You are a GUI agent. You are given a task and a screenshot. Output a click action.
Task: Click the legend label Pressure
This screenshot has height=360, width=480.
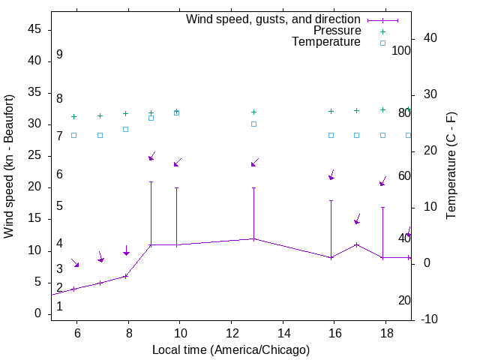click(x=337, y=31)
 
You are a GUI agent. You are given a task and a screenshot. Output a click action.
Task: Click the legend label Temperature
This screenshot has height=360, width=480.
click(x=326, y=42)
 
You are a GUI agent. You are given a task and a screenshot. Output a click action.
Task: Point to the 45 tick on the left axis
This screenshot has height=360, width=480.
click(x=34, y=29)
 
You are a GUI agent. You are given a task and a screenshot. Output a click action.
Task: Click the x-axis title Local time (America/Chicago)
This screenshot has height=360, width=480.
click(x=231, y=349)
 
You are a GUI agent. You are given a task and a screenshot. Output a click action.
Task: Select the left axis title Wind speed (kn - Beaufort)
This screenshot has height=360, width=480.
click(x=9, y=166)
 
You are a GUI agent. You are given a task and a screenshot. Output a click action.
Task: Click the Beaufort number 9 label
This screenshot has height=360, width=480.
click(x=59, y=55)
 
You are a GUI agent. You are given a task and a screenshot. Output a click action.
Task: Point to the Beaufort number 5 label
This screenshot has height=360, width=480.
click(x=59, y=206)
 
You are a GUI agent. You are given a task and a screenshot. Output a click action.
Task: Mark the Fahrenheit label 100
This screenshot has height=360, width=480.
click(x=402, y=50)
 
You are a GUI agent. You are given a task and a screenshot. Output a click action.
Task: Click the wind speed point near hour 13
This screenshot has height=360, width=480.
click(x=253, y=238)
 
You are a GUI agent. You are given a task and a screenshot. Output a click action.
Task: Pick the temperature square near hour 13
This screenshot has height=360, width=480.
click(x=253, y=124)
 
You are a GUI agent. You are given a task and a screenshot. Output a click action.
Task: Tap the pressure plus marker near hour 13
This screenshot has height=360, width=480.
click(x=253, y=112)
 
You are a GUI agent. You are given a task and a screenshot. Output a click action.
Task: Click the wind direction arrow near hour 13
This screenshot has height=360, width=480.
click(x=254, y=163)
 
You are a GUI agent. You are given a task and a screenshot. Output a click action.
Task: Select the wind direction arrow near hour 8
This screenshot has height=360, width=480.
click(x=126, y=250)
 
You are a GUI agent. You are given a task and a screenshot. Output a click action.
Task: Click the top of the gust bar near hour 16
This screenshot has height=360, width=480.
click(x=331, y=200)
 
